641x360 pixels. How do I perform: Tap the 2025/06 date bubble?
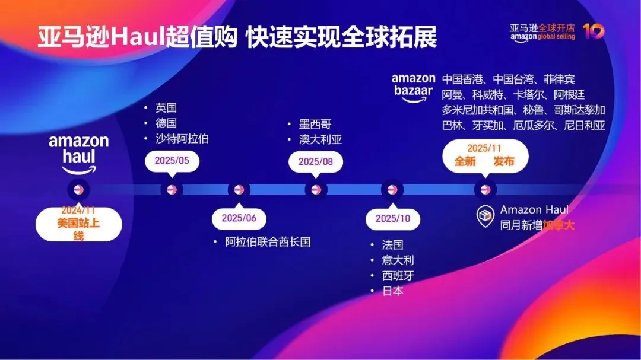click(x=239, y=218)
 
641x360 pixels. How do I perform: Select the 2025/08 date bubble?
click(x=315, y=161)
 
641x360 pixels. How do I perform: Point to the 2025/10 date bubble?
click(x=392, y=218)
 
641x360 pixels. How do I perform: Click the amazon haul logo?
click(x=79, y=154)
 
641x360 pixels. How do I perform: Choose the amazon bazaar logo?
click(x=413, y=87)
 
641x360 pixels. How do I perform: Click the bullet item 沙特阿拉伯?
click(x=182, y=139)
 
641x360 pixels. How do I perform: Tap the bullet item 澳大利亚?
click(x=320, y=140)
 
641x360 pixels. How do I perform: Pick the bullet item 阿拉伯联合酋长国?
click(x=268, y=242)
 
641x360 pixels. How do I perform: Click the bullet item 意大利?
click(x=398, y=260)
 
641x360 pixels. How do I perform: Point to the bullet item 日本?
click(x=393, y=291)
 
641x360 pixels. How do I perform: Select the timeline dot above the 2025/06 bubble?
click(x=239, y=190)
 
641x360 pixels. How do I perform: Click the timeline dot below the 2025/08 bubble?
click(x=316, y=190)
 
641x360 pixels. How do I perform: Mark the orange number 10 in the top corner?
click(x=594, y=31)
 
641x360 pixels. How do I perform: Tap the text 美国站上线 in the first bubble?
click(x=79, y=229)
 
